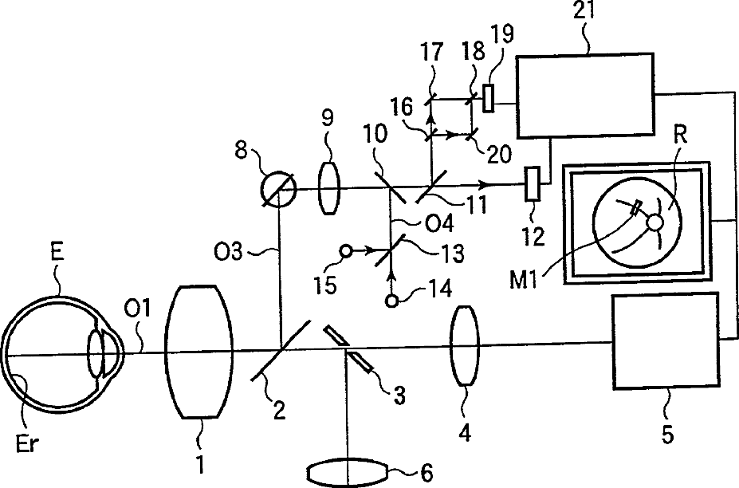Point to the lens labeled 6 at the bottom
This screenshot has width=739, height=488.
[348, 470]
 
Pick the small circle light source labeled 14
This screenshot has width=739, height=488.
[391, 301]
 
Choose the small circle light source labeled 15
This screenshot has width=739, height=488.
[345, 251]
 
